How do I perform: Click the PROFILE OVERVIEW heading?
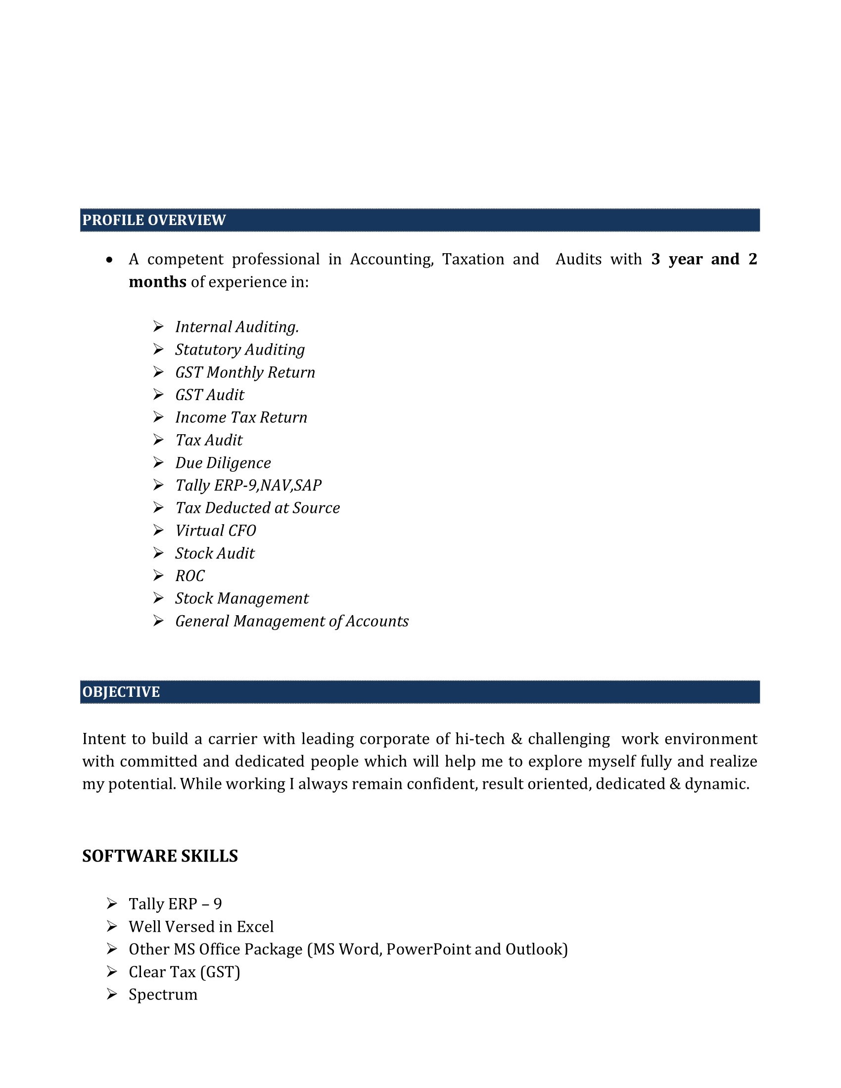154,220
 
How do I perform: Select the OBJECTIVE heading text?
121,692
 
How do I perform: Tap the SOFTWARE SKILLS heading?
160,856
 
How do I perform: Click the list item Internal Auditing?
236,327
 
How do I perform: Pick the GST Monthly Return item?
245,372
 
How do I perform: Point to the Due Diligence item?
223,463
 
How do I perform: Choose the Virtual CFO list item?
215,531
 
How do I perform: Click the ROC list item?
190,576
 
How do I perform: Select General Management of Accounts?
291,621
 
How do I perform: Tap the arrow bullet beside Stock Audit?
158,553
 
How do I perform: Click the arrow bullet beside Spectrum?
112,995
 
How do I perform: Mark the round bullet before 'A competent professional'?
110,260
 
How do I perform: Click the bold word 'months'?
157,282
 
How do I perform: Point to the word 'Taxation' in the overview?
473,259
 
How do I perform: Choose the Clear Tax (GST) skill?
185,972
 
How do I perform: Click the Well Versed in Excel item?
201,927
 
